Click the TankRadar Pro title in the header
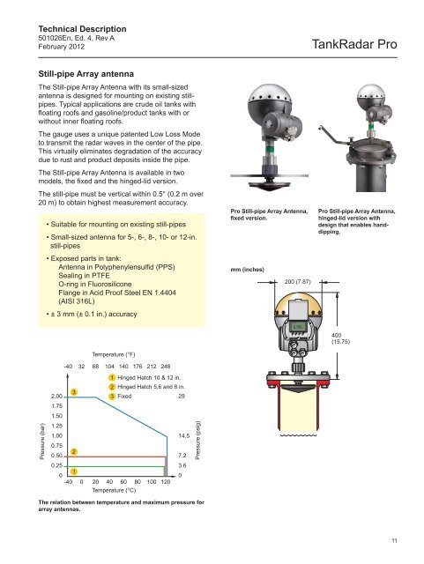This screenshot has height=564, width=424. [354, 44]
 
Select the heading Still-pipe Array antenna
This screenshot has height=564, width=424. [86, 74]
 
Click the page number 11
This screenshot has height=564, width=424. [394, 540]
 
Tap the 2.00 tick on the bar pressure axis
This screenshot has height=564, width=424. [57, 397]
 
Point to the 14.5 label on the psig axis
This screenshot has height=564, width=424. [183, 436]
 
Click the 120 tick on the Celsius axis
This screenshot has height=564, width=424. [165, 482]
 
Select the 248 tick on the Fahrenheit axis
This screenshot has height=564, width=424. [165, 367]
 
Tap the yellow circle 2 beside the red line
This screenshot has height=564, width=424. [74, 452]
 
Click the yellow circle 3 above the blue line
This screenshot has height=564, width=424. [74, 391]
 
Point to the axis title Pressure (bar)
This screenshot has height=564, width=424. [42, 442]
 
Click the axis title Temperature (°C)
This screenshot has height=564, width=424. [114, 490]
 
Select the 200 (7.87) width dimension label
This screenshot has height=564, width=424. [297, 281]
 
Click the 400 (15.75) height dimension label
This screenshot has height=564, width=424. [340, 338]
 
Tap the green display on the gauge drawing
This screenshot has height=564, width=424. [298, 327]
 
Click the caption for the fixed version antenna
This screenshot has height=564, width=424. [269, 215]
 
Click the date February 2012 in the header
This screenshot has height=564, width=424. [62, 47]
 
